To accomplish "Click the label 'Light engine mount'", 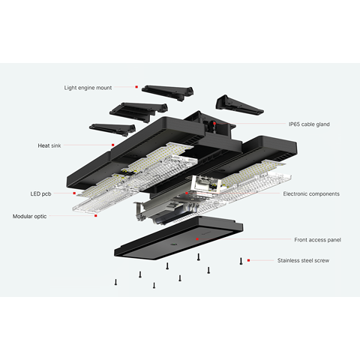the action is (88, 88).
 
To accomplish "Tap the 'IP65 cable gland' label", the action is (309, 124).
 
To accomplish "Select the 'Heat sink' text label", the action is (49, 145).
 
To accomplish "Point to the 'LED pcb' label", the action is (40, 193).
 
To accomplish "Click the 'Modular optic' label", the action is (29, 216).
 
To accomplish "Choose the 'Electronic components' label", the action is (311, 193).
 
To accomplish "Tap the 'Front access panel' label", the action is (317, 240).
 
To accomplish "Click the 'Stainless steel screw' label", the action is (303, 260).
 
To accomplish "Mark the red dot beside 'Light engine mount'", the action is (136, 87).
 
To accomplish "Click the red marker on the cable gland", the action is (214, 124).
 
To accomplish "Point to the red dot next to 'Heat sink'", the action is (113, 145).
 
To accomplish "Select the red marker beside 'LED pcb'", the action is (74, 193).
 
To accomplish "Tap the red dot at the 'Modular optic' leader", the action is (96, 216).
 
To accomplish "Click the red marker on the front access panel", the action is (197, 239).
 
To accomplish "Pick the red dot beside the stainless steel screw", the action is (248, 260).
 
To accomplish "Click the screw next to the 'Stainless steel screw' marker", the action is (241, 261).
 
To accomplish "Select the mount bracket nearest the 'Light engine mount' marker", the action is (168, 93).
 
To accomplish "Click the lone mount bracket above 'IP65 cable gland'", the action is (238, 105).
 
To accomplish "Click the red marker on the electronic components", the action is (187, 193).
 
